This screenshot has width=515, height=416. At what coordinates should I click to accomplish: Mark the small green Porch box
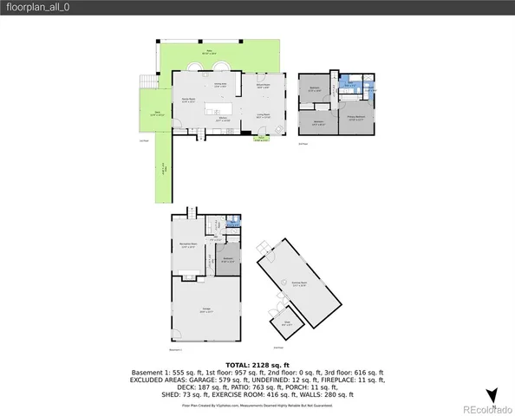(x=260, y=138)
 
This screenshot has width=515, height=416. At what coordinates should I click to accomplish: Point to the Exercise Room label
(x=300, y=283)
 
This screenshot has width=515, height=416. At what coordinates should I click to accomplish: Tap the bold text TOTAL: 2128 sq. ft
(x=257, y=365)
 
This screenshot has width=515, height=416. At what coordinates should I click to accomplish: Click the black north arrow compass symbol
(x=492, y=395)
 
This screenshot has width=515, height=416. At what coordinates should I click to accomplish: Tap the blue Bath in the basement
(x=231, y=224)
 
